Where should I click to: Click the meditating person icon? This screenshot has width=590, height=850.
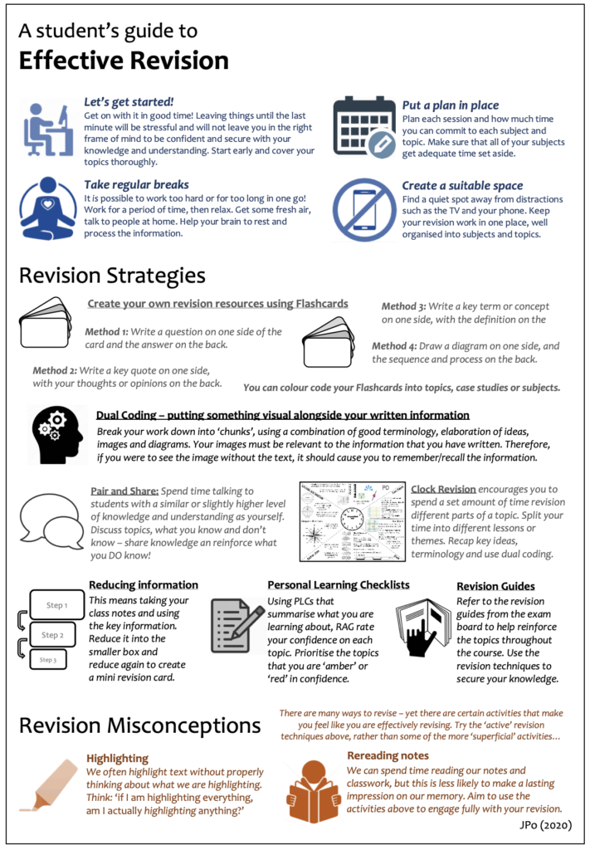pyautogui.click(x=48, y=208)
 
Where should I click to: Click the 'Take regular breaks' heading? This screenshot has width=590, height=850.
pyautogui.click(x=136, y=184)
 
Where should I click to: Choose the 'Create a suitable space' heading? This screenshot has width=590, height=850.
pyautogui.click(x=462, y=185)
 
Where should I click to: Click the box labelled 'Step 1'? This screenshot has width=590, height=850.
pyautogui.click(x=56, y=605)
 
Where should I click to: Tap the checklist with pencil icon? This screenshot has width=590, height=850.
pyautogui.click(x=236, y=628)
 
